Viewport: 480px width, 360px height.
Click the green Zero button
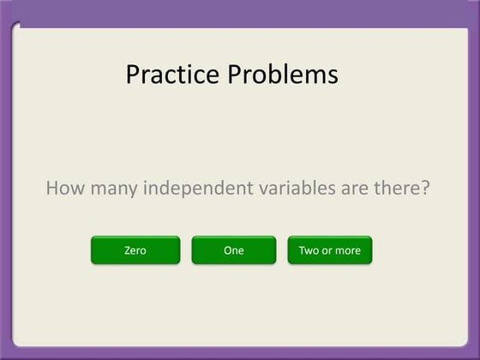(x=135, y=250)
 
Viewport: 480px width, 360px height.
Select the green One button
(x=233, y=250)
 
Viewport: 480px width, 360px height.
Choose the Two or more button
(x=330, y=250)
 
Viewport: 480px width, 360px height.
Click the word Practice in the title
(x=172, y=75)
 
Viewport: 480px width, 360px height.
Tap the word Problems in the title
(x=282, y=75)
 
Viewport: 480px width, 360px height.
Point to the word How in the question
(x=63, y=188)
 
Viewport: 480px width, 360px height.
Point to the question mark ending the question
(x=423, y=188)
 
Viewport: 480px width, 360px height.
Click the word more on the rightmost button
(x=347, y=251)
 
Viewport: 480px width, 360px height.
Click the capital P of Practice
(x=133, y=75)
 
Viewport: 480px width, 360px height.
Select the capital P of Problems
(x=235, y=75)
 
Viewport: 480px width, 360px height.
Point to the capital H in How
(x=51, y=188)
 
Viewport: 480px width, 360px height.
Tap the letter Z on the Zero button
(x=127, y=250)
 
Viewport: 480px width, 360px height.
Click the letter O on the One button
(x=226, y=250)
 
